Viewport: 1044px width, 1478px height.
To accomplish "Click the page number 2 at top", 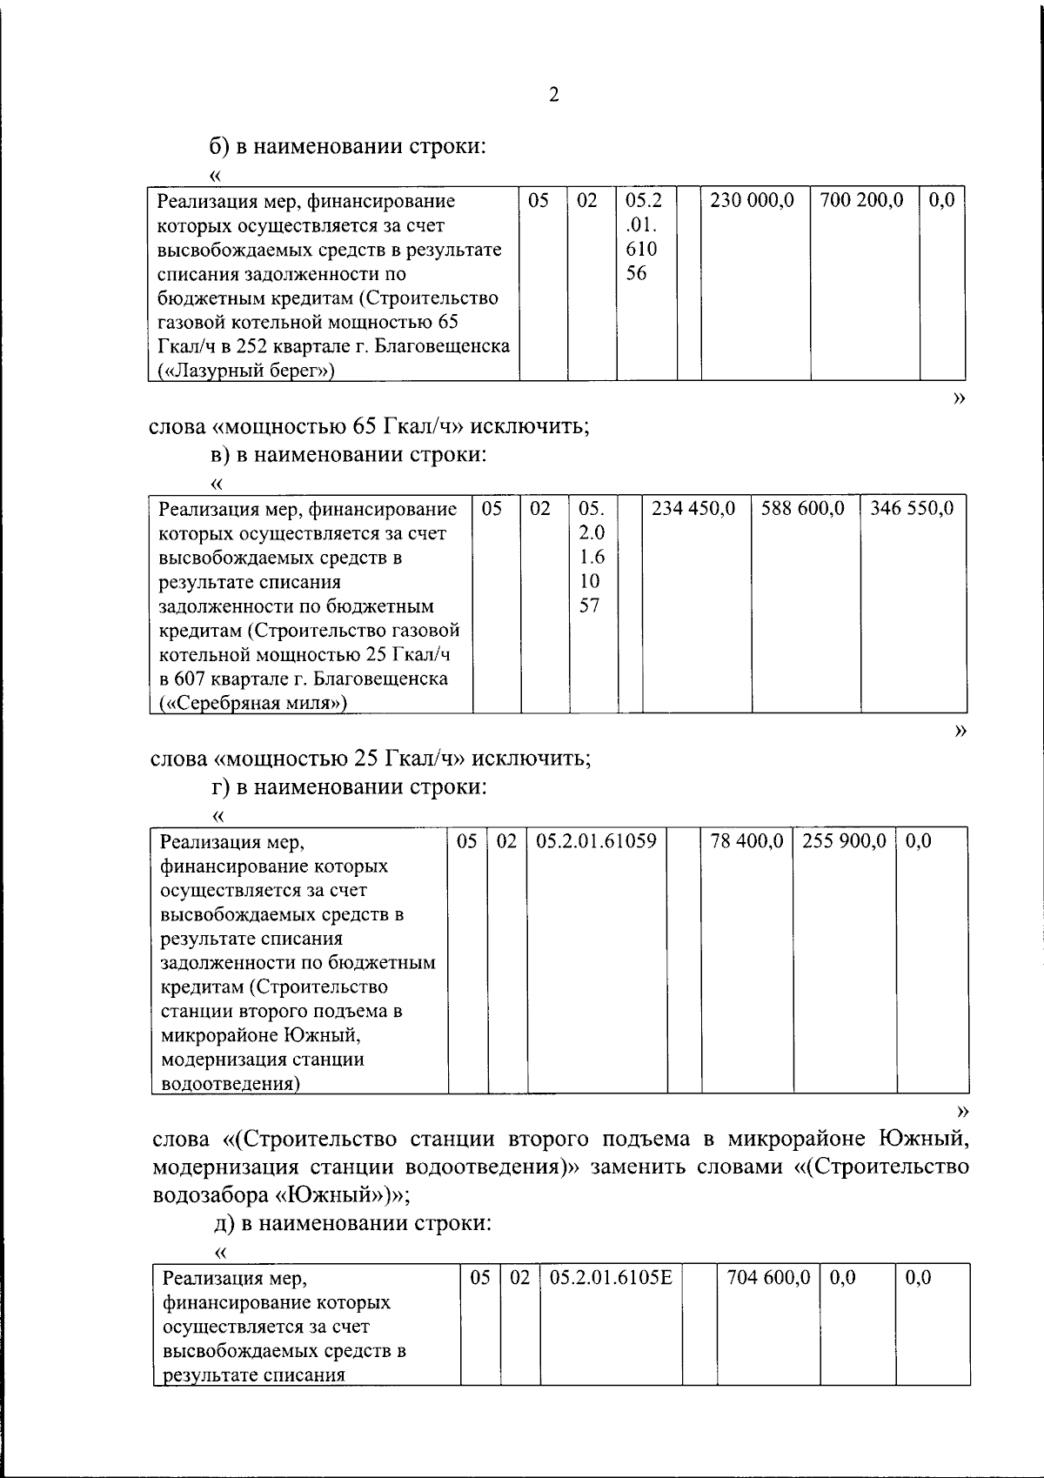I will click(553, 96).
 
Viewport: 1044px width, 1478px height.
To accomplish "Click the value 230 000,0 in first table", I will click(752, 201).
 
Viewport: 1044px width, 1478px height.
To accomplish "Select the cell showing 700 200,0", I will click(861, 201).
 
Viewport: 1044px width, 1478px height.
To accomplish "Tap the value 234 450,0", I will click(694, 508).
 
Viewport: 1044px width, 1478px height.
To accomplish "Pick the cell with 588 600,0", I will click(803, 508).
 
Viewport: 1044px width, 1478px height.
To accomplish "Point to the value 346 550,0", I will click(912, 508).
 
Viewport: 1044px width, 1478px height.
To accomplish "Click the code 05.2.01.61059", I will click(596, 841).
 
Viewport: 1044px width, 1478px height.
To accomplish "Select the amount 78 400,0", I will click(746, 841).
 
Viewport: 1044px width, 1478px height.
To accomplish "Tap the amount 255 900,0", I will click(844, 841).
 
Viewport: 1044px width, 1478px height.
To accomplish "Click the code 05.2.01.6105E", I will click(611, 1278).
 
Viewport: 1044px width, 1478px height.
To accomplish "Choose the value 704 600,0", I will click(767, 1278).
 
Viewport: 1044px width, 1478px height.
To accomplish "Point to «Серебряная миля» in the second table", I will click(253, 703).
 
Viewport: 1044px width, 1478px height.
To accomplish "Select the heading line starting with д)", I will click(352, 1223).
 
